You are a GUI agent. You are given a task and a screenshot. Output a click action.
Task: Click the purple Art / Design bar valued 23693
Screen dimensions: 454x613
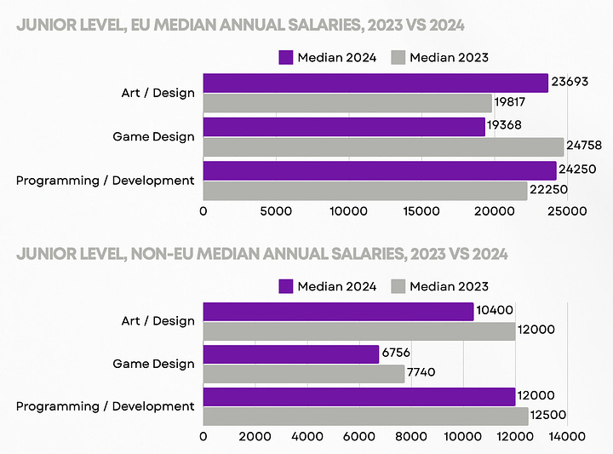375,83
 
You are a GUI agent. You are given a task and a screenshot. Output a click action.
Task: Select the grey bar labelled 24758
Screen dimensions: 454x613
383,147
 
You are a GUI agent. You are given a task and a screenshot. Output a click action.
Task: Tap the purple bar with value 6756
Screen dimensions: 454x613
290,354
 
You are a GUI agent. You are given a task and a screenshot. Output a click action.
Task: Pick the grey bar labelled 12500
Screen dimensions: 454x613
365,417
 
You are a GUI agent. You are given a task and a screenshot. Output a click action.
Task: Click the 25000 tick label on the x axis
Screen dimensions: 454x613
565,210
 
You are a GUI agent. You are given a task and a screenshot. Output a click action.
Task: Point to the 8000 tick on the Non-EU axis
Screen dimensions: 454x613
411,436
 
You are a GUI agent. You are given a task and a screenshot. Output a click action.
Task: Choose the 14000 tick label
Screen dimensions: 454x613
566,436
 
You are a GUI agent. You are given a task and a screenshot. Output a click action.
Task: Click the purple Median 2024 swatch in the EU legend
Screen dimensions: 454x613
286,58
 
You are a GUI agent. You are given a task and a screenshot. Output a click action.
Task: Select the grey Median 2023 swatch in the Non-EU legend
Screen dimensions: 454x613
398,286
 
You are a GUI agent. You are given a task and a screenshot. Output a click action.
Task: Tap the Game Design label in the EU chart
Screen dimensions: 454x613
153,136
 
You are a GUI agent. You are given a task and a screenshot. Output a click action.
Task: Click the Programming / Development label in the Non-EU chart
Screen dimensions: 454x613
106,406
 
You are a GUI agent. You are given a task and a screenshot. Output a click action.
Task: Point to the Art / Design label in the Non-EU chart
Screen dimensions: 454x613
158,321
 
